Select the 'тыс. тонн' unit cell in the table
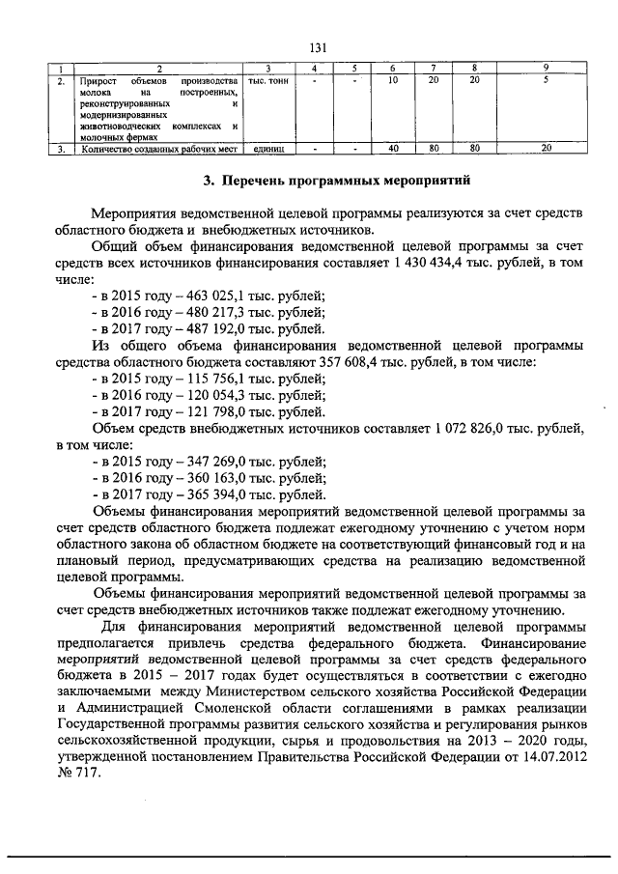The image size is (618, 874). [267, 80]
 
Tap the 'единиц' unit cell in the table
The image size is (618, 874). [267, 149]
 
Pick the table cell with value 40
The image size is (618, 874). [393, 149]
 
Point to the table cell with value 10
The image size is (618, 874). [393, 80]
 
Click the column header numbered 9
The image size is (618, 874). [546, 68]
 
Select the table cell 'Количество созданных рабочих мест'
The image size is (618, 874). [159, 149]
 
